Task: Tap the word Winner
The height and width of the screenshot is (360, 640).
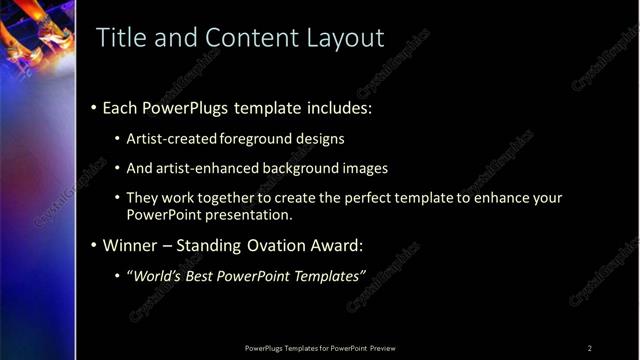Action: point(129,245)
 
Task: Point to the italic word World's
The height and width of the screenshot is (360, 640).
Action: point(155,276)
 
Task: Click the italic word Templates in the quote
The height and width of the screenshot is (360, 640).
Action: point(327,276)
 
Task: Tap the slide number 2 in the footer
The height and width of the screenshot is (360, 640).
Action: point(590,348)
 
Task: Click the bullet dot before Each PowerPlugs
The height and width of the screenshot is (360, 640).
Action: point(93,108)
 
